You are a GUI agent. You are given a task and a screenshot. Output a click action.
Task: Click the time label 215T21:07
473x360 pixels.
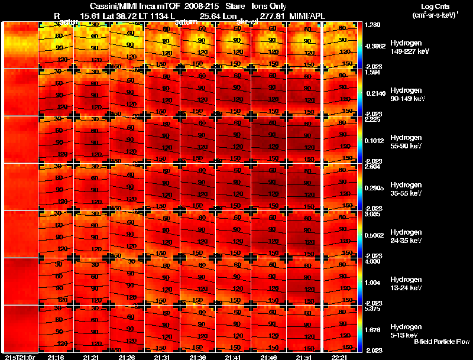[20, 357]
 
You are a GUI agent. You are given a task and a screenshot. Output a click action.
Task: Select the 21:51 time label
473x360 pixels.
[304, 357]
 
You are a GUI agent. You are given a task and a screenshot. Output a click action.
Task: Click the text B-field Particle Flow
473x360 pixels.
[441, 342]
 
